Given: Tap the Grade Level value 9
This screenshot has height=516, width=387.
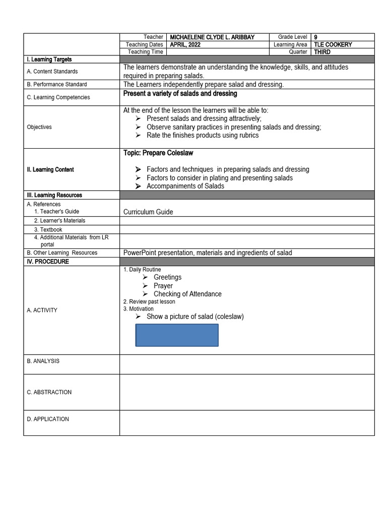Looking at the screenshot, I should [x=315, y=37].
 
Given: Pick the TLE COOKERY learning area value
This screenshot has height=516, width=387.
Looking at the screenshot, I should [x=333, y=45].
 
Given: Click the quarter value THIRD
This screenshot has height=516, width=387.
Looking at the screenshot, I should [x=322, y=52].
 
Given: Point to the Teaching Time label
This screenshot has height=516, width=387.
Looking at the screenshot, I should [x=145, y=52].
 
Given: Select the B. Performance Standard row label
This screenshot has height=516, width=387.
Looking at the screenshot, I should [x=56, y=85].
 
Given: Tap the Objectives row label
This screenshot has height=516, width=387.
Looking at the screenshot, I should [x=39, y=127].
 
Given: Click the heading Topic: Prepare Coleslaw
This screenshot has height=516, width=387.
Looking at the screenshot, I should [x=158, y=153].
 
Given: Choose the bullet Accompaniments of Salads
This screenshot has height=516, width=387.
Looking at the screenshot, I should [x=185, y=186].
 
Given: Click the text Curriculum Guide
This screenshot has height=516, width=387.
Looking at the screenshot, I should [x=148, y=212].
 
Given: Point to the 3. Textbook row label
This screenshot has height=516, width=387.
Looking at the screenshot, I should [x=48, y=230].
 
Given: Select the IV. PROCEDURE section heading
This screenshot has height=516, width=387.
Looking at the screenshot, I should [x=48, y=262].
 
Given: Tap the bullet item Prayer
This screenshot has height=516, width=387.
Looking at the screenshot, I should [x=163, y=286].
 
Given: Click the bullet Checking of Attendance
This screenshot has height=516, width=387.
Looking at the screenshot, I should [x=187, y=294].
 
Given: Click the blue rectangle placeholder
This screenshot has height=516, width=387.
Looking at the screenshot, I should [x=177, y=335].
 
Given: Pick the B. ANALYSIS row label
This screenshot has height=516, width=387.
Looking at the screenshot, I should [x=43, y=361].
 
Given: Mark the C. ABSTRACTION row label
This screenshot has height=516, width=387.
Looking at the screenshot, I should [x=49, y=392].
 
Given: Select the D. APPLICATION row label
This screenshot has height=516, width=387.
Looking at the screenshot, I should [x=48, y=419].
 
